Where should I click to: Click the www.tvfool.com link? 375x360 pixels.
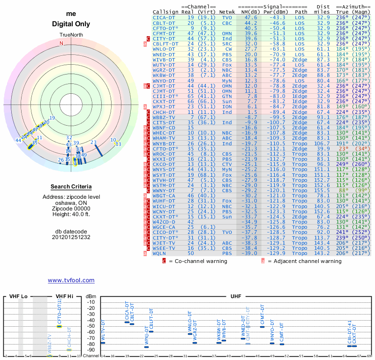[71, 280]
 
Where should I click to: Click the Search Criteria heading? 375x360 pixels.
[71, 187]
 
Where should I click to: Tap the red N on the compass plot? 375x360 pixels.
[61, 44]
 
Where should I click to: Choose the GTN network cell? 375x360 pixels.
[227, 96]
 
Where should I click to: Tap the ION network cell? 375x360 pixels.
[228, 107]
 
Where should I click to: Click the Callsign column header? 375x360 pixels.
[165, 12]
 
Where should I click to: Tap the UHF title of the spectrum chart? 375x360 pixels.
[236, 296]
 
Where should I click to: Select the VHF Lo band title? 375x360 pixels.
[18, 296]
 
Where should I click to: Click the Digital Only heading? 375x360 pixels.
[71, 24]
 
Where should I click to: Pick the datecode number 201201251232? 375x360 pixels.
[71, 237]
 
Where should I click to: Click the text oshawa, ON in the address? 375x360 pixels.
[71, 202]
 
